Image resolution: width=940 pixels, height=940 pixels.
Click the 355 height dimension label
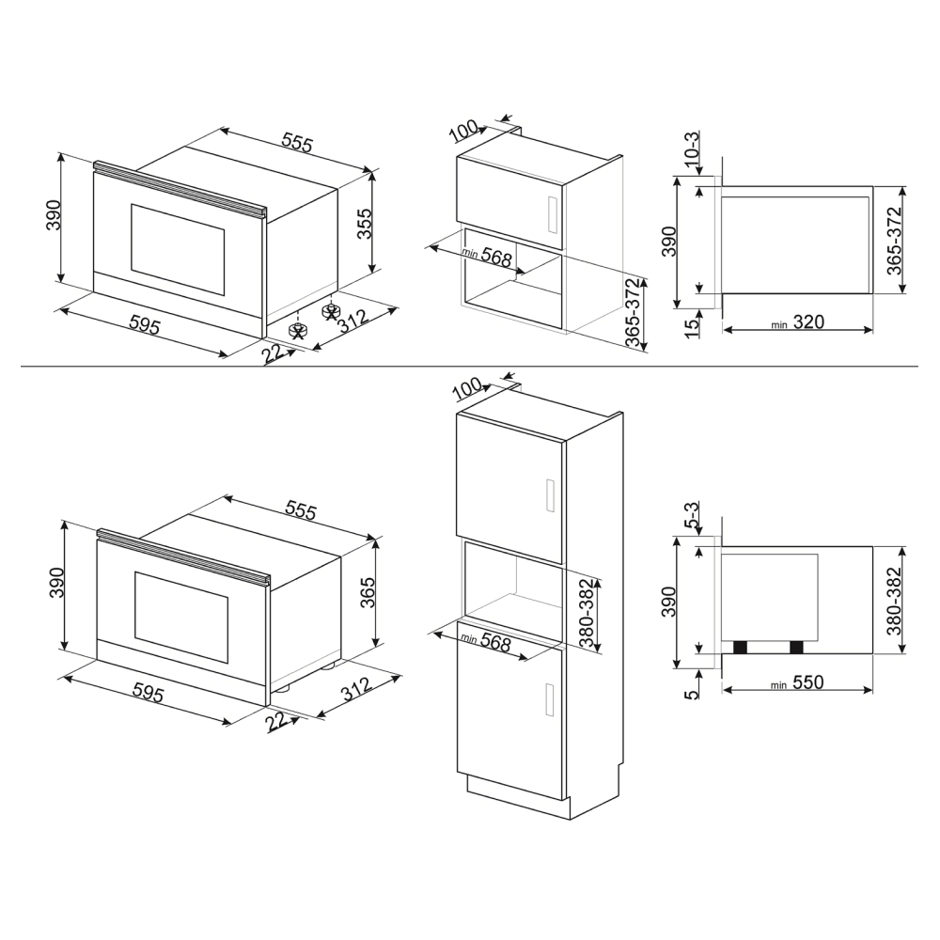pyautogui.click(x=365, y=224)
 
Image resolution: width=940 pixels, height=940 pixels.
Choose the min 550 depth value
pyautogui.click(x=798, y=682)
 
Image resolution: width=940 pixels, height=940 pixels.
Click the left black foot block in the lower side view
pyautogui.click(x=741, y=647)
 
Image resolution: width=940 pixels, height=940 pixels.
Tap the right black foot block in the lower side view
pyautogui.click(x=796, y=647)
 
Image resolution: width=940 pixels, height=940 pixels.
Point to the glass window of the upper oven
pyautogui.click(x=178, y=251)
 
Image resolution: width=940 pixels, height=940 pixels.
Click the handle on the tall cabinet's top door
pyautogui.click(x=549, y=496)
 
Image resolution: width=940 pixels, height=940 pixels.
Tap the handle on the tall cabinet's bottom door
pyautogui.click(x=549, y=699)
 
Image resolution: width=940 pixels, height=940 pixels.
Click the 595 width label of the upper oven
pyautogui.click(x=145, y=326)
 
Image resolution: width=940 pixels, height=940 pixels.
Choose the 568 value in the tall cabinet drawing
pyautogui.click(x=495, y=643)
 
